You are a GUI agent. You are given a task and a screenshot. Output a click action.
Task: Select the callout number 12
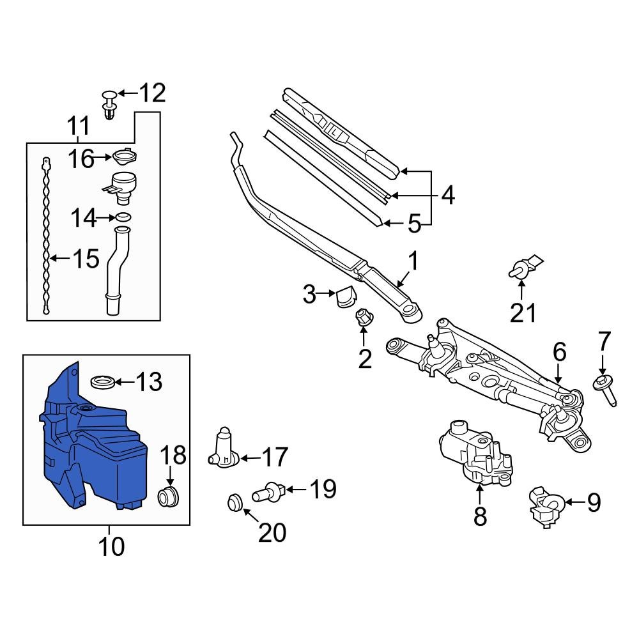(152, 93)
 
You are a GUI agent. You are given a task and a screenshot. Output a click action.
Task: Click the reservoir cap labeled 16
(125, 156)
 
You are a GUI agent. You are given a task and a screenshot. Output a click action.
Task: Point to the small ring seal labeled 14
(125, 217)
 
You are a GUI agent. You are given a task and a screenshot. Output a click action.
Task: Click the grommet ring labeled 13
(104, 382)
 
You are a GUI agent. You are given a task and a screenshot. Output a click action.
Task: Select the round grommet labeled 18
(169, 495)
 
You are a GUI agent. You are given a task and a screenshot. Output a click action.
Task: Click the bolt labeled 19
(268, 492)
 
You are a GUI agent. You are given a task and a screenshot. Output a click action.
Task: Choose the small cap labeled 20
(235, 502)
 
